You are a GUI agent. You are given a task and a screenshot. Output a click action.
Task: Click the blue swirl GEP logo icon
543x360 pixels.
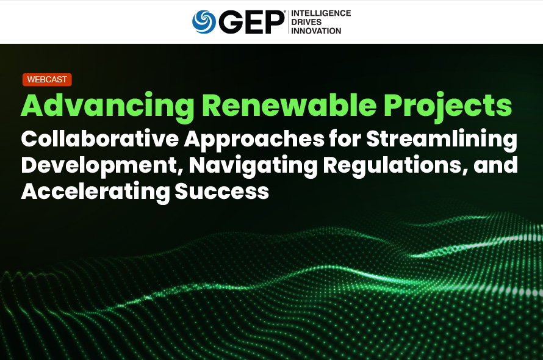point(204,22)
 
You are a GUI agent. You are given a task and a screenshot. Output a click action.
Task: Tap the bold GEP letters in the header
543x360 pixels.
point(251,22)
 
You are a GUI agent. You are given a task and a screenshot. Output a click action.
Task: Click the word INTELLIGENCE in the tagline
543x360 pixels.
point(321,13)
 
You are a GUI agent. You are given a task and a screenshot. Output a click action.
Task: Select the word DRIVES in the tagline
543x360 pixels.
point(306,22)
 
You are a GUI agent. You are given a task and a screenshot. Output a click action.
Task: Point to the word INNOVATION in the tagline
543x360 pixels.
point(316,31)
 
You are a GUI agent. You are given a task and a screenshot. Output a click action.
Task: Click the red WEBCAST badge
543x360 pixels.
point(47,79)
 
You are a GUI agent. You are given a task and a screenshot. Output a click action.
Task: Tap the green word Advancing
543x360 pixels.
point(108,106)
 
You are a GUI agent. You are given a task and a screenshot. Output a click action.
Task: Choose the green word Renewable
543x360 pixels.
point(289,105)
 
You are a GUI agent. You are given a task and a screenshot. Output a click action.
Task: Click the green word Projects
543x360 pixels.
point(448,106)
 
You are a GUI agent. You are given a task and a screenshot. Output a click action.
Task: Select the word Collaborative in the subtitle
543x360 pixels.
point(100,139)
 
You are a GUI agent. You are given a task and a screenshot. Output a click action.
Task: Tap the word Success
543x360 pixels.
point(222,191)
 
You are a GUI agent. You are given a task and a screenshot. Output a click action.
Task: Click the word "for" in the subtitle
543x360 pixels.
point(345,139)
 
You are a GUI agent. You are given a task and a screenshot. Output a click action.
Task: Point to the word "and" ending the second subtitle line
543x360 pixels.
point(495,165)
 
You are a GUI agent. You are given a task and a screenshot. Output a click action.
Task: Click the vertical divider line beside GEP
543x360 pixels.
point(289,22)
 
